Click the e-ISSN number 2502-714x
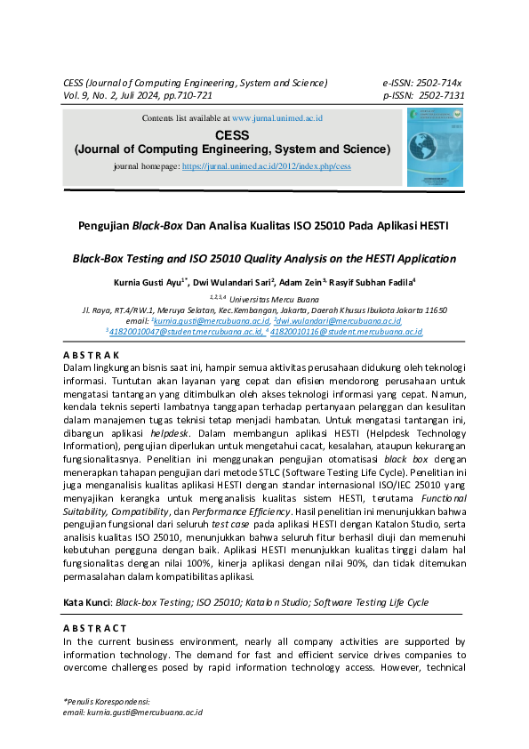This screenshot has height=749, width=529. [440, 83]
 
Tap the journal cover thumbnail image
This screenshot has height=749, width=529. [435, 148]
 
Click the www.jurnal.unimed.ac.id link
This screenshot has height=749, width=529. [277, 117]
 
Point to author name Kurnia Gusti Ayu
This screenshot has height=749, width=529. [148, 283]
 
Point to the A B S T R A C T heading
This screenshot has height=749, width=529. [94, 628]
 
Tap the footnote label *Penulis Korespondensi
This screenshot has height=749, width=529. [106, 701]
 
